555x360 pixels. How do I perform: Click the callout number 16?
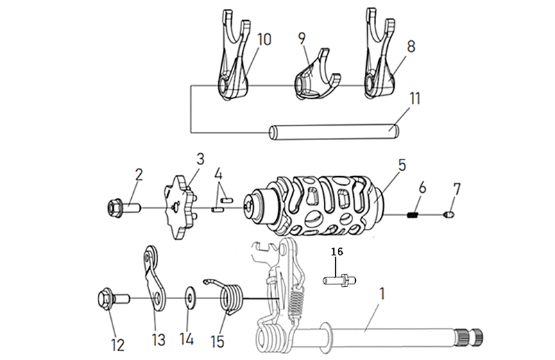click(337, 252)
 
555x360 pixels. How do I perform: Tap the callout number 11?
click(414, 98)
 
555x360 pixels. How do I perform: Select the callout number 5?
click(402, 165)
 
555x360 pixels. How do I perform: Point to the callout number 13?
click(159, 340)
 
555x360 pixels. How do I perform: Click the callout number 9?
click(302, 38)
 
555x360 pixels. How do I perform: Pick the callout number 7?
click(457, 189)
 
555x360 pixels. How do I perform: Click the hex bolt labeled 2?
click(124, 207)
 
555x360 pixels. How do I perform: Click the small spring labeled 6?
click(412, 214)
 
